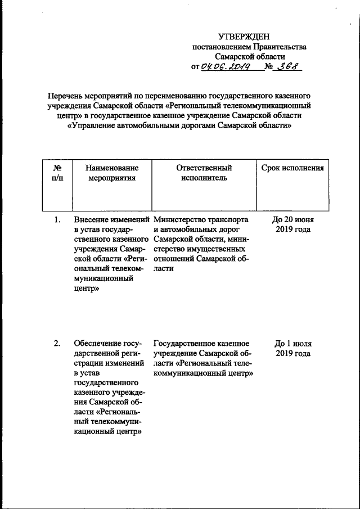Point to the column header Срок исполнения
click(292, 168)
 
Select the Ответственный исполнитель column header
click(204, 173)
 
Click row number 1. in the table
click(57, 219)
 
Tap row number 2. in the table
click(57, 343)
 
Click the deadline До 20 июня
click(292, 219)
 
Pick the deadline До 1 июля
click(292, 343)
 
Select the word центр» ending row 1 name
click(86, 288)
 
